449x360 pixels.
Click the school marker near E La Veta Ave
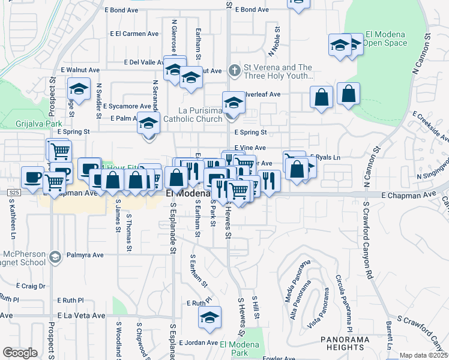tap(210, 317)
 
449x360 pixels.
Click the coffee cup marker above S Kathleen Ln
tap(32, 177)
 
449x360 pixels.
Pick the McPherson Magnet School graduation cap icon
tap(55, 257)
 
